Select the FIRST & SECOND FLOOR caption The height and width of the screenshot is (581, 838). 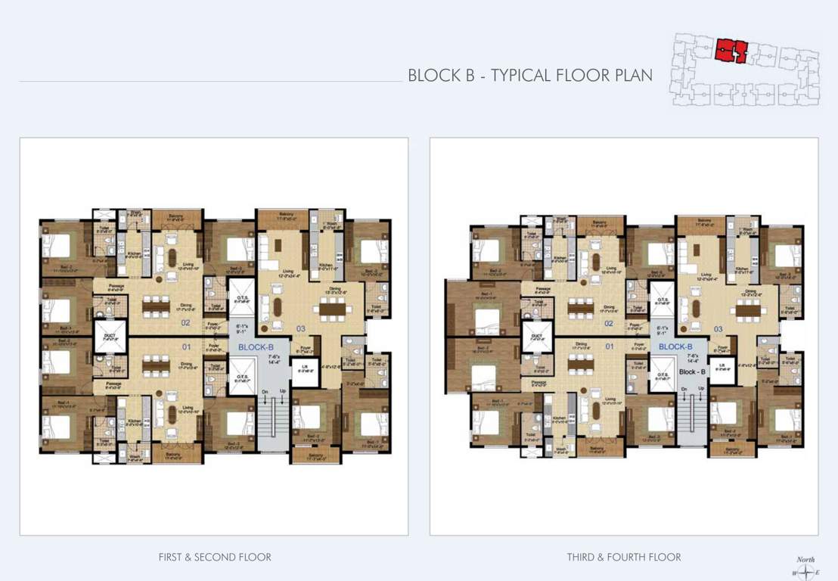coord(215,558)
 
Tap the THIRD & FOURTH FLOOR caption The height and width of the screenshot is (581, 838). coord(624,558)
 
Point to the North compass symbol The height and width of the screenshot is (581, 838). coord(805,571)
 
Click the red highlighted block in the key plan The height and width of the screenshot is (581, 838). coord(731,50)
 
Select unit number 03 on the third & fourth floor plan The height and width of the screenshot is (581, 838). coord(718,329)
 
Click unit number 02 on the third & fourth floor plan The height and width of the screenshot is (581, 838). coord(607,324)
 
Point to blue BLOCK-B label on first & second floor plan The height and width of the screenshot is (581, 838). coord(256,347)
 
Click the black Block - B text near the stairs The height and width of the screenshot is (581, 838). coord(691,372)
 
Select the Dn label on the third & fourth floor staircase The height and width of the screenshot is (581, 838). coord(684,389)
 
